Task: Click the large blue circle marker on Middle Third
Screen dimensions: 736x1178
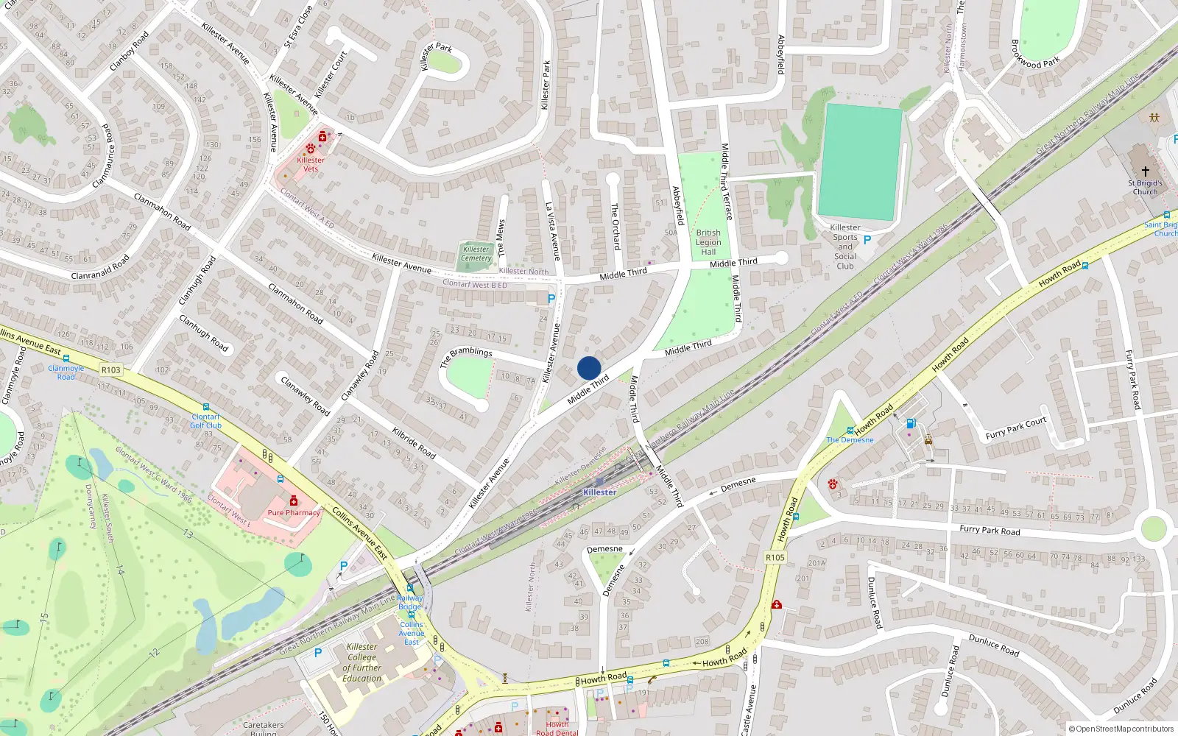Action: pos(589,368)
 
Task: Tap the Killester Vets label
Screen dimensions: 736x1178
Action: pos(311,164)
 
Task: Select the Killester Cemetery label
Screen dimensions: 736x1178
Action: pos(476,254)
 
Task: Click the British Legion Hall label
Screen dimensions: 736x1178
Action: pos(708,242)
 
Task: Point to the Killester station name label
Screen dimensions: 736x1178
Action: pos(599,492)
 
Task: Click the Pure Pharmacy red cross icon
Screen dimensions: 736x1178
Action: pos(294,501)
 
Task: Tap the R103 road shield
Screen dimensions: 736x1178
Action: pos(111,370)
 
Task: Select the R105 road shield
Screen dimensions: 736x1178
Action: pos(775,557)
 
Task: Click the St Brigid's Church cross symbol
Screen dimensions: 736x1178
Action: pos(1145,171)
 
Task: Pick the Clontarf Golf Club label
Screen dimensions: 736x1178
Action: pos(206,421)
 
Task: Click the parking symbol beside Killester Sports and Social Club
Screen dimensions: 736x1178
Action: pos(867,240)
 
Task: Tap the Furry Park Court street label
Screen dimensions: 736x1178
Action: pos(1016,428)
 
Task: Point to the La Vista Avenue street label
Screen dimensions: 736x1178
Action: pos(553,231)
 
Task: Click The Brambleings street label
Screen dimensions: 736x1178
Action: pos(466,357)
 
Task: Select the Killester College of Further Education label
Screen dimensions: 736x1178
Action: pos(361,662)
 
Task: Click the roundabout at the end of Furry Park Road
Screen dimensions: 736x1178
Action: pos(1153,528)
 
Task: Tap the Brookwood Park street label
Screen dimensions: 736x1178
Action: pos(1035,53)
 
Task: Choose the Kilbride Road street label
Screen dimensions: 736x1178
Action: pos(415,442)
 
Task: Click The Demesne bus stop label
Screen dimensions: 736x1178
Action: pos(850,440)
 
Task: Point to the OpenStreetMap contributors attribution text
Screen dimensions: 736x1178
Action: pos(1121,729)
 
